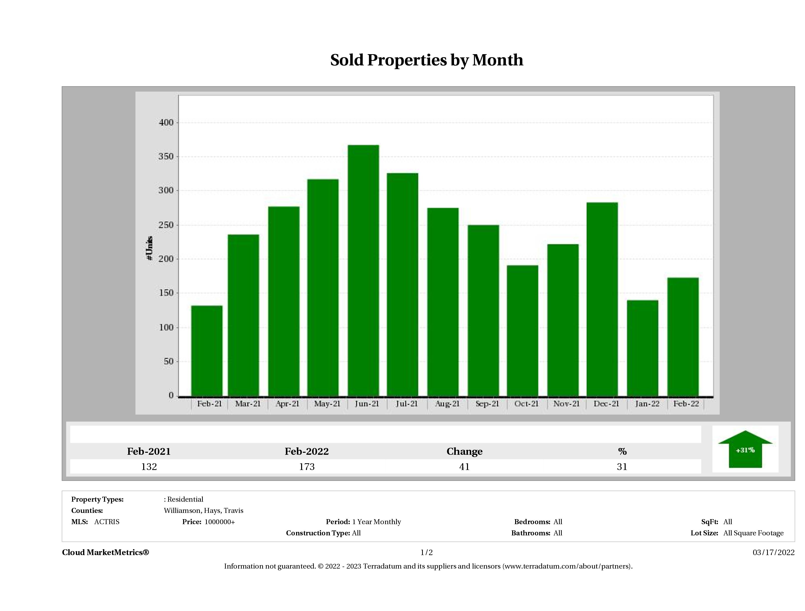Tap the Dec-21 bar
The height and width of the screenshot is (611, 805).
[602, 299]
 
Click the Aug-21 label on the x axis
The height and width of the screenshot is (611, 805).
[447, 404]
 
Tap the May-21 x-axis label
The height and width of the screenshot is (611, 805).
[327, 404]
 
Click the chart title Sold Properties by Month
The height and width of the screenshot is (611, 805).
[427, 60]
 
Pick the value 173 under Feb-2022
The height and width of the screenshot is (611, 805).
[307, 467]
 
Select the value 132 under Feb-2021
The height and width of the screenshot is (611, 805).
[149, 467]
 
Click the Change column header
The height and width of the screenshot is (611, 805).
[464, 452]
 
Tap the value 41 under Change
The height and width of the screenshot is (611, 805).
[464, 467]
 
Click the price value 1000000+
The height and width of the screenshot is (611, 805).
[220, 522]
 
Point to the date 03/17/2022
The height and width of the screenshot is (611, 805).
[773, 552]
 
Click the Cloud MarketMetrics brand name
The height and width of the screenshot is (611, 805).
[106, 552]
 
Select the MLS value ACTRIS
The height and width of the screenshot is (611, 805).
[107, 522]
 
